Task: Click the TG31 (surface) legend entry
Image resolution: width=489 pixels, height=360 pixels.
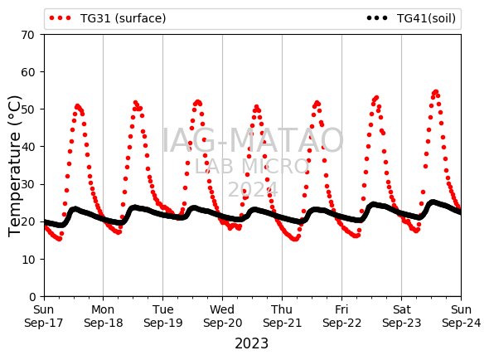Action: tap(108, 18)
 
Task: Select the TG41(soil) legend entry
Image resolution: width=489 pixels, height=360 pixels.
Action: tap(411, 18)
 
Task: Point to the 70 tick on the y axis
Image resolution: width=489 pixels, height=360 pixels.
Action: tap(27, 35)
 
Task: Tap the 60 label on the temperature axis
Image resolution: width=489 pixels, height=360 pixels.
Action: tap(27, 72)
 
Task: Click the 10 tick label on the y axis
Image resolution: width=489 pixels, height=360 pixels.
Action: tap(27, 259)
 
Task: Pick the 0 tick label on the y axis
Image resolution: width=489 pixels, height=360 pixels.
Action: tap(32, 297)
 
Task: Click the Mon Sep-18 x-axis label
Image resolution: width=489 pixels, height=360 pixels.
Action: tap(104, 316)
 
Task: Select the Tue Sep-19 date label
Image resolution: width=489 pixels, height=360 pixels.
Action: tap(162, 316)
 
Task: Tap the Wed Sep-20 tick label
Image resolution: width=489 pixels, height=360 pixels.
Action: tap(222, 316)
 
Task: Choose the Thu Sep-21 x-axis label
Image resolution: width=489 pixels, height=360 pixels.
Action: tap(283, 316)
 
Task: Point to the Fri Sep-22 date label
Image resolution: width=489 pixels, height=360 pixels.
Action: tap(341, 316)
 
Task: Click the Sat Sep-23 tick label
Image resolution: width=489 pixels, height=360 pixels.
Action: tap(402, 316)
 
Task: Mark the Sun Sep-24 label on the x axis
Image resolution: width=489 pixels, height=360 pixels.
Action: tap(462, 316)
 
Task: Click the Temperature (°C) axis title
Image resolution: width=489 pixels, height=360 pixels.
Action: tap(14, 166)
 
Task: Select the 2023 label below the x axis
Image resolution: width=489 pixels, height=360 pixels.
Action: tap(251, 343)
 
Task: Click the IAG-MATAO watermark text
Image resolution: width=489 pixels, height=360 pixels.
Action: tap(253, 140)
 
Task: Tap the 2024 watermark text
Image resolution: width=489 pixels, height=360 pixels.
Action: tap(253, 189)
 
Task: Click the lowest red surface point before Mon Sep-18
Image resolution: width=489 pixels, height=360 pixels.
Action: tap(60, 239)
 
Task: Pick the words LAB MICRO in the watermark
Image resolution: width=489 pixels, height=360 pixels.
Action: tap(252, 167)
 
